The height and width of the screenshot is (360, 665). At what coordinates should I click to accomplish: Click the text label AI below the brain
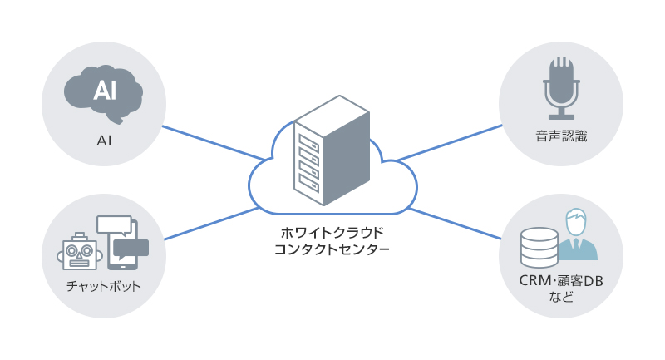click(104, 141)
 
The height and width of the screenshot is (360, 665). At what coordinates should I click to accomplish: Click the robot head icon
click(80, 250)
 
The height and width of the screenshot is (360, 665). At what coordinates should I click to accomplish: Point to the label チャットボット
click(103, 287)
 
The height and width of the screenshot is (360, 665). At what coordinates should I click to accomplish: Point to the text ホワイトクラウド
click(331, 231)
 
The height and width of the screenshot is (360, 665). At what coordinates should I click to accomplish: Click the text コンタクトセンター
click(331, 248)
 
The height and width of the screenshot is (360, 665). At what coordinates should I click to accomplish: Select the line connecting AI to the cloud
click(212, 142)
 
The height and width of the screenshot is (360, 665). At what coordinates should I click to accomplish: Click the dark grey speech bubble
click(131, 248)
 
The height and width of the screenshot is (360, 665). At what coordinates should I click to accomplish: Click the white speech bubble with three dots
click(115, 224)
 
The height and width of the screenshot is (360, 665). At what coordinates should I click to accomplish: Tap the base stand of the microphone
click(560, 115)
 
